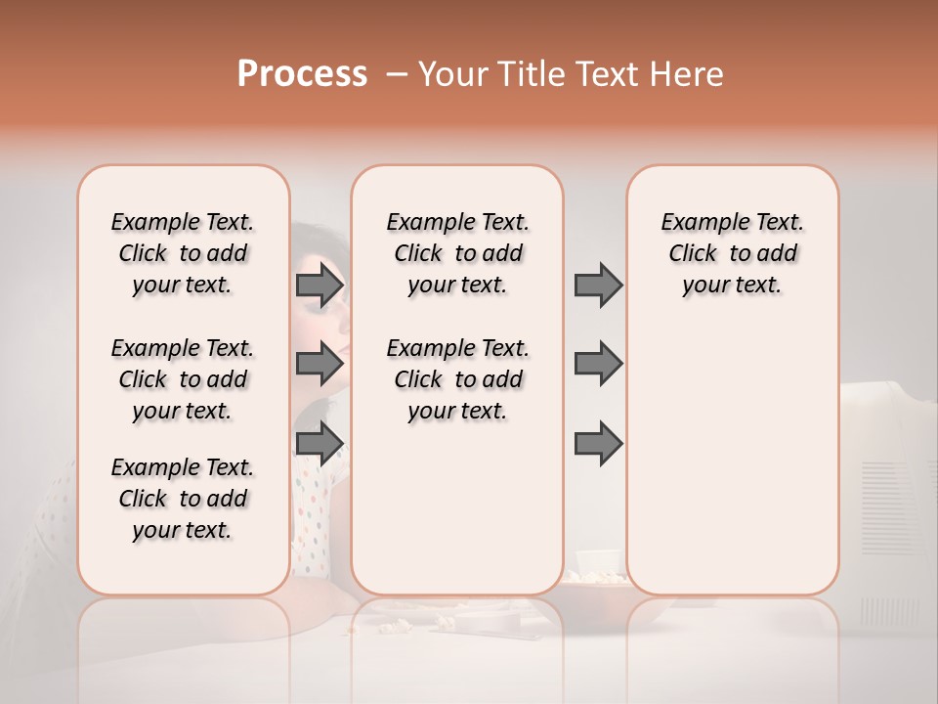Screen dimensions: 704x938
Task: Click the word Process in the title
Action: tap(302, 74)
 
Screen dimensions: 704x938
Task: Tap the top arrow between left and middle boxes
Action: tap(320, 286)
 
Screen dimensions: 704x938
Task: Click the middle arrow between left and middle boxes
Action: tap(320, 364)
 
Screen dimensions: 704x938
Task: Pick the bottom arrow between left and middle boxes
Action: tap(320, 443)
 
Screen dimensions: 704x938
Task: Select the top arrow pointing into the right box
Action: tap(598, 286)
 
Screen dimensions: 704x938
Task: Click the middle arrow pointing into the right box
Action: tap(598, 364)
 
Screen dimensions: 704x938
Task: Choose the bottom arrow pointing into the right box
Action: tap(598, 443)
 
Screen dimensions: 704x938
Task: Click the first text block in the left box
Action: tap(183, 253)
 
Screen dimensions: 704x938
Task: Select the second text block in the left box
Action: tap(183, 379)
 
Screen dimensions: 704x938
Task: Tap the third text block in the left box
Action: tap(183, 499)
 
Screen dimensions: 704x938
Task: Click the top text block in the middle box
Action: tap(457, 253)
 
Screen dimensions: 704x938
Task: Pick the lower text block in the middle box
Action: tap(457, 379)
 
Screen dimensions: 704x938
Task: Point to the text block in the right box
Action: tap(732, 253)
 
